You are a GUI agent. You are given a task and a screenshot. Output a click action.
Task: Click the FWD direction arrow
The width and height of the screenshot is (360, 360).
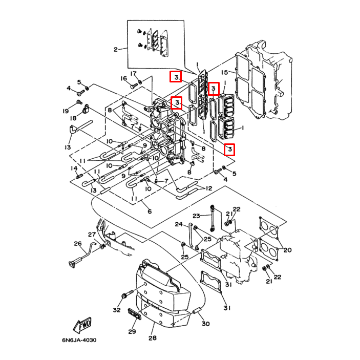coord(82,325)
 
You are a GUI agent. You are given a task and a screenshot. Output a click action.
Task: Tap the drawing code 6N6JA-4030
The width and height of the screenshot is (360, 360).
coord(79,340)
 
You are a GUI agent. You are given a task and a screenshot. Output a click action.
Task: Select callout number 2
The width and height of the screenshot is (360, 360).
coord(116,49)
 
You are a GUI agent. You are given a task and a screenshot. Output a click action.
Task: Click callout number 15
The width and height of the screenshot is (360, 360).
coord(224,72)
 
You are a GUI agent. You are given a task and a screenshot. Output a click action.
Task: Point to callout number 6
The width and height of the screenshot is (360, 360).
coord(150,211)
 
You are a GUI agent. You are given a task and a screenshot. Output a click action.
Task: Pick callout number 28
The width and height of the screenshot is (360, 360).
coord(153,338)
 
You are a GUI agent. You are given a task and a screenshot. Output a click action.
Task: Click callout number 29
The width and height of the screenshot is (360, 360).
coord(132,331)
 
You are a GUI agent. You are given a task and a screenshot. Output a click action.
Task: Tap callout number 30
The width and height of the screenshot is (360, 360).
coord(206,324)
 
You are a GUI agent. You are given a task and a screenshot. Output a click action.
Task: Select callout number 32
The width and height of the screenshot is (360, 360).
coord(117,310)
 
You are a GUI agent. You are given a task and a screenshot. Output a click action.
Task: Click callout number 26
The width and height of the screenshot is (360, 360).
coord(78,243)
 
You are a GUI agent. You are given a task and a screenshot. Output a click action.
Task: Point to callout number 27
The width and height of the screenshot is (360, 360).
coord(92,235)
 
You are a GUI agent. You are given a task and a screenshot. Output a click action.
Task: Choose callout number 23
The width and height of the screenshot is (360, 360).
coord(196,216)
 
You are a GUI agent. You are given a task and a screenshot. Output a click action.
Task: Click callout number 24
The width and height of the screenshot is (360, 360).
coord(179,224)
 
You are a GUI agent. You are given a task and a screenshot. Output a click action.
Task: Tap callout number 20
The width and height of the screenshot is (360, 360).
coord(287,250)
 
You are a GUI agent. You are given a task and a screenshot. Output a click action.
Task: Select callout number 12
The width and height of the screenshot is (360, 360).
coord(209,188)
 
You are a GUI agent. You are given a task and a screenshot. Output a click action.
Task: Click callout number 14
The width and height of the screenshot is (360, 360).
coord(74,168)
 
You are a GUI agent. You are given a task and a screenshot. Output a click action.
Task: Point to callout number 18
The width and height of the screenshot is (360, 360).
coord(73,118)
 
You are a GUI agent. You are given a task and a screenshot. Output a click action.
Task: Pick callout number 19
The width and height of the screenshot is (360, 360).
coord(66,111)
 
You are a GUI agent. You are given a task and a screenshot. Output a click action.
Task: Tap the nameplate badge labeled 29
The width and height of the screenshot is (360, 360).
coord(134,314)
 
